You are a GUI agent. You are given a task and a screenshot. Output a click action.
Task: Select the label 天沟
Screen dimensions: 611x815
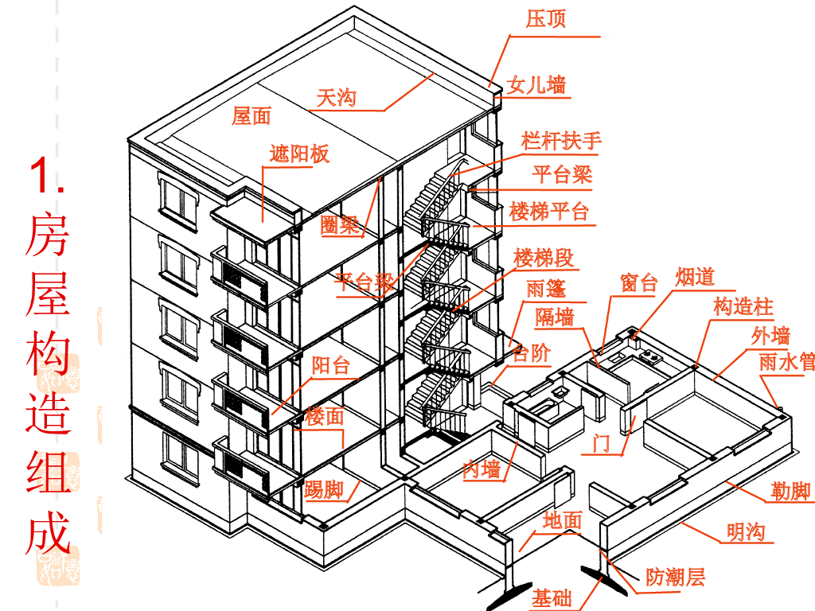pos(336,99)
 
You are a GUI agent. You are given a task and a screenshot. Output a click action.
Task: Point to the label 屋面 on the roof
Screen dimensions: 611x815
pos(252,116)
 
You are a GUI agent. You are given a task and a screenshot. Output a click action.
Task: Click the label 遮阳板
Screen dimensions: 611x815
pos(299,154)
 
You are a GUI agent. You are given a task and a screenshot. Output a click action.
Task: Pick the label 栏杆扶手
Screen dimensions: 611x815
pos(561,142)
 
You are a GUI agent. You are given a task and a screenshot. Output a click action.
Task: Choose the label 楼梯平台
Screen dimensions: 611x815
pos(549,212)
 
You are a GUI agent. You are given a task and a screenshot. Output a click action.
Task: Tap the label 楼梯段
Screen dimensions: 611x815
pos(544,258)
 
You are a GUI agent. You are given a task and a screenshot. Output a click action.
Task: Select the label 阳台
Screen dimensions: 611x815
pos(330,366)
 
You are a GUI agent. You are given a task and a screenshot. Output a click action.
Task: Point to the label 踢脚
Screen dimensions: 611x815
pos(324,488)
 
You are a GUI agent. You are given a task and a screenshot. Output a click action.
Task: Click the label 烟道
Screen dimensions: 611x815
pos(695,277)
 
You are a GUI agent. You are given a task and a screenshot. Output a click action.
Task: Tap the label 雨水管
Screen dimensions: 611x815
pos(786,363)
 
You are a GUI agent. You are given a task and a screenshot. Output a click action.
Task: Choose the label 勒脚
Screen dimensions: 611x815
pos(791,492)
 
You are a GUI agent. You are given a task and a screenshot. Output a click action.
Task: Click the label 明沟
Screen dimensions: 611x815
pos(745,531)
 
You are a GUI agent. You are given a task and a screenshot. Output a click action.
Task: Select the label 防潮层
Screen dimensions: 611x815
pos(675,577)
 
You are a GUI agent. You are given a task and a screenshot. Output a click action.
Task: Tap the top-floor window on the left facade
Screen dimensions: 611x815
pos(178,199)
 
